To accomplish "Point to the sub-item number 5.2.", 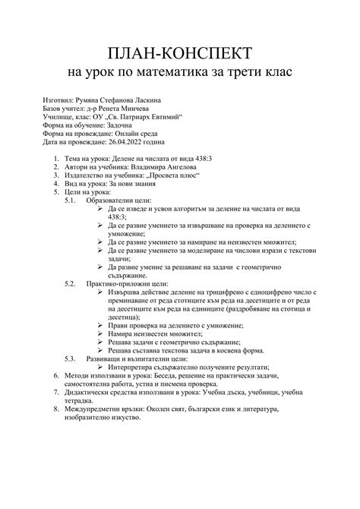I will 70,305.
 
